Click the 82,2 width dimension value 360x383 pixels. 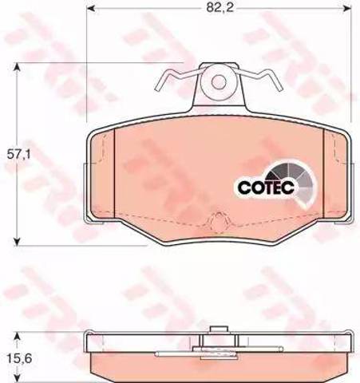220,8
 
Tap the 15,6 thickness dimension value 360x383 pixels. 19,359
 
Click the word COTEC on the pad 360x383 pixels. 266,188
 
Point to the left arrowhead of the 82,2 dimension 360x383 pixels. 91,8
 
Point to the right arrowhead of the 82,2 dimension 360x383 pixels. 347,8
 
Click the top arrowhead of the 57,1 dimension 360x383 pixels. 17,66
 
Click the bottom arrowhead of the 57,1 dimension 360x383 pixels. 17,241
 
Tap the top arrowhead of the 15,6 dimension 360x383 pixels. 17,336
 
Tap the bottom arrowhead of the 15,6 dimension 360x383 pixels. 17,378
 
